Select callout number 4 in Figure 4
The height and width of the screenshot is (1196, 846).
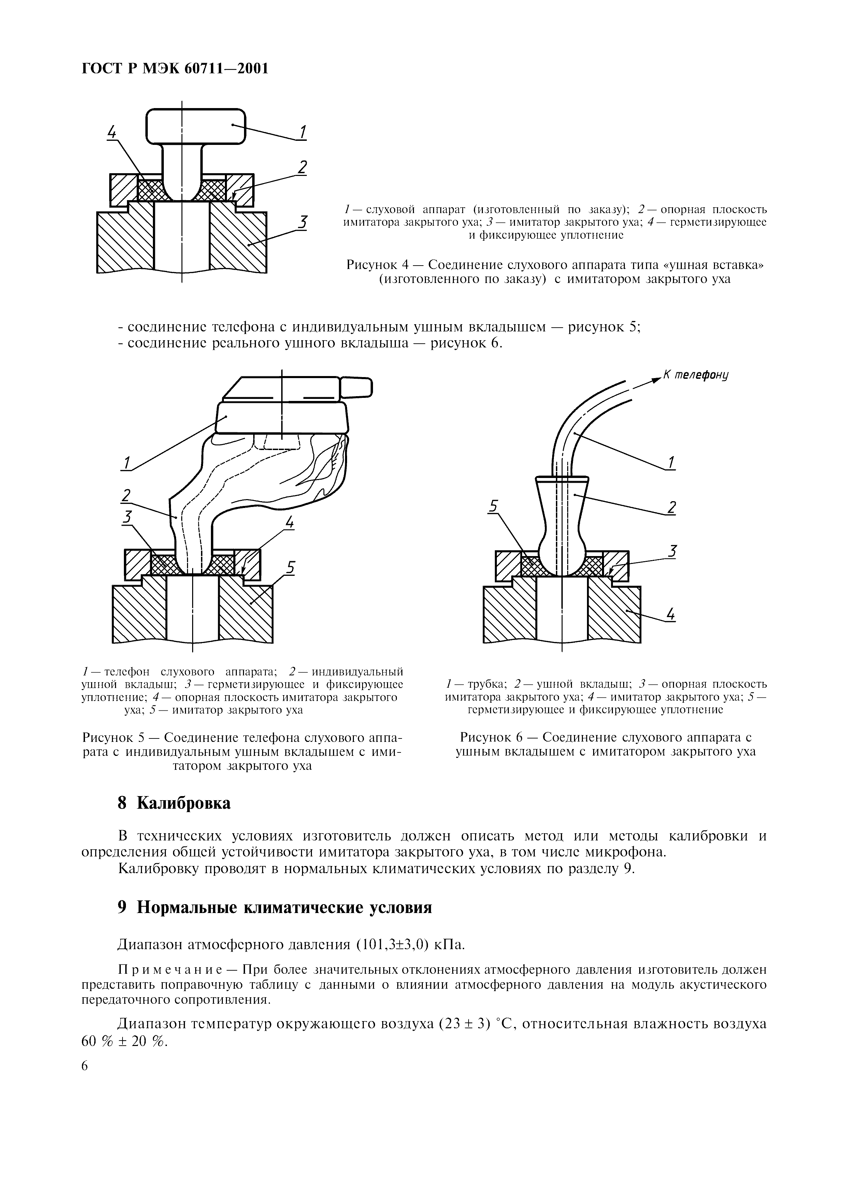[112, 133]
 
